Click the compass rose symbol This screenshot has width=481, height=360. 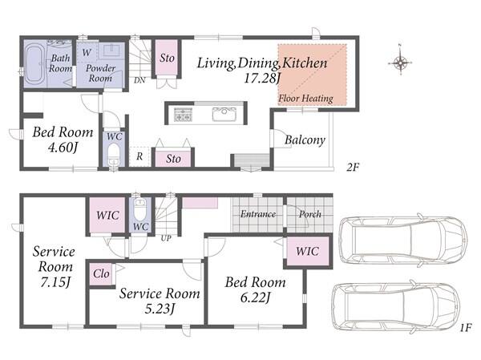400,63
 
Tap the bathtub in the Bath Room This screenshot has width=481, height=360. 34,64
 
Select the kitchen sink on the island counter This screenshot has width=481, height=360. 224,114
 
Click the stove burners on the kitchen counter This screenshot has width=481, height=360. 183,114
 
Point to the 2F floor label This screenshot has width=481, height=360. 353,168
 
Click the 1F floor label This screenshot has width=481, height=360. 465,328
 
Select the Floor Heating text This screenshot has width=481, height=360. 305,99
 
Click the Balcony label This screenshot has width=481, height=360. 305,140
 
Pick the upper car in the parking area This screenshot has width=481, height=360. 403,240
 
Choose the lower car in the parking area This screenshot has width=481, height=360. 396,308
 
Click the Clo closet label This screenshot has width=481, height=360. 101,273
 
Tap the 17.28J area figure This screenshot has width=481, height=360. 261,79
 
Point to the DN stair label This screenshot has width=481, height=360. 139,80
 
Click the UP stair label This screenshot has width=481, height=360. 166,238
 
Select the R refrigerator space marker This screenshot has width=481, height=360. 139,156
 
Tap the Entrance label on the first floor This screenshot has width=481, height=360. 257,214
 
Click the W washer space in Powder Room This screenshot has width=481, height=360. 87,52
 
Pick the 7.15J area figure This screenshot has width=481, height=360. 55,281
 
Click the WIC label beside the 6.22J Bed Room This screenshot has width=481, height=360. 307,251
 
